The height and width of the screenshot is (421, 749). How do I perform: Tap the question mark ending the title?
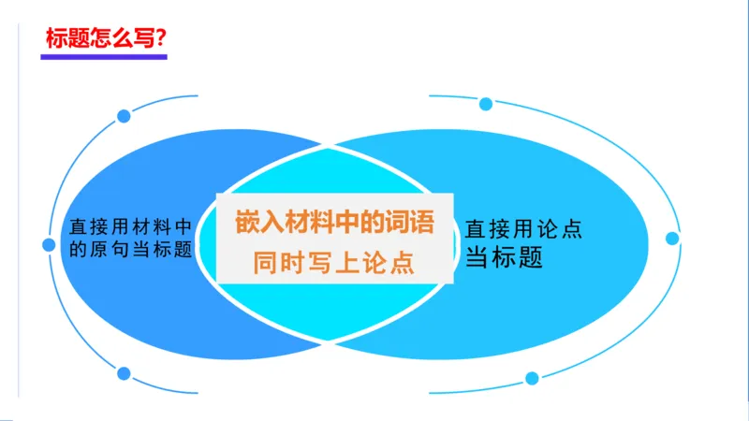tap(161, 39)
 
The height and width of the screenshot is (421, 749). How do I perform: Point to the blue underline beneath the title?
tap(103, 57)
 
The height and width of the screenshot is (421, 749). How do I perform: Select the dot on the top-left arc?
tap(124, 116)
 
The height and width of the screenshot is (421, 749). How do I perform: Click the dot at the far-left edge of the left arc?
tap(50, 245)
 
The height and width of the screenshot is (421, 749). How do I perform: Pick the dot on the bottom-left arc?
tap(124, 373)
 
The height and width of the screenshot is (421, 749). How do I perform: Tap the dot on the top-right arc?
tap(485, 104)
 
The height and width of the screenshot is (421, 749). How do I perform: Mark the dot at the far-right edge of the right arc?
tap(672, 239)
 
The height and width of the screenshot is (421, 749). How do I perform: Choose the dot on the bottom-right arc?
tap(532, 378)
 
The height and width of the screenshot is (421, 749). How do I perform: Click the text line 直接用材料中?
tap(132, 225)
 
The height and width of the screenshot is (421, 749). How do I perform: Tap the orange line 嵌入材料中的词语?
tap(334, 225)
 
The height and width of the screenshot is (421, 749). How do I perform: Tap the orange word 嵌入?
tap(257, 225)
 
